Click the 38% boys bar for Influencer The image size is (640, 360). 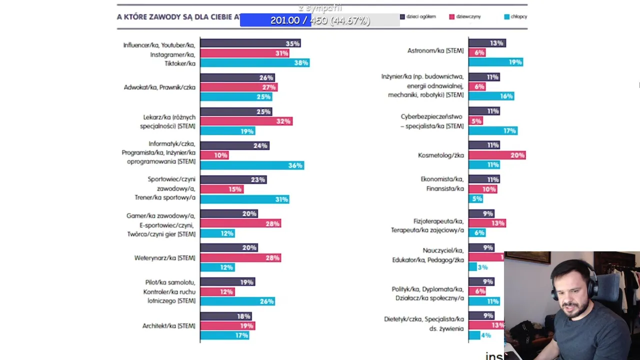[x=254, y=63]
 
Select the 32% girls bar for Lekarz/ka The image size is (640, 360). [x=246, y=121]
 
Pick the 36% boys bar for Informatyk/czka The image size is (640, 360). [x=252, y=165]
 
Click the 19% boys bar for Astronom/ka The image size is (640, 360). [x=495, y=62]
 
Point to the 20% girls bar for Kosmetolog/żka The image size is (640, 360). [x=497, y=155]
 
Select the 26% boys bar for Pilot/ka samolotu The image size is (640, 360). [x=237, y=301]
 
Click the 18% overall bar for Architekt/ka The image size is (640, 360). [x=225, y=316]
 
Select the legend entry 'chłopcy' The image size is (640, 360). [x=515, y=16]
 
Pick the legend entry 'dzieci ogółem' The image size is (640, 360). [x=418, y=16]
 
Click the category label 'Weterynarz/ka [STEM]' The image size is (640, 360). [x=164, y=258]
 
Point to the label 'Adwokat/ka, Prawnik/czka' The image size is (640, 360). [x=159, y=87]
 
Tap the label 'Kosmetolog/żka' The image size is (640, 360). [x=440, y=155]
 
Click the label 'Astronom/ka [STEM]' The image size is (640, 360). [x=435, y=50]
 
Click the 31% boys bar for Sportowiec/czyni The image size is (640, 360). [x=244, y=199]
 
